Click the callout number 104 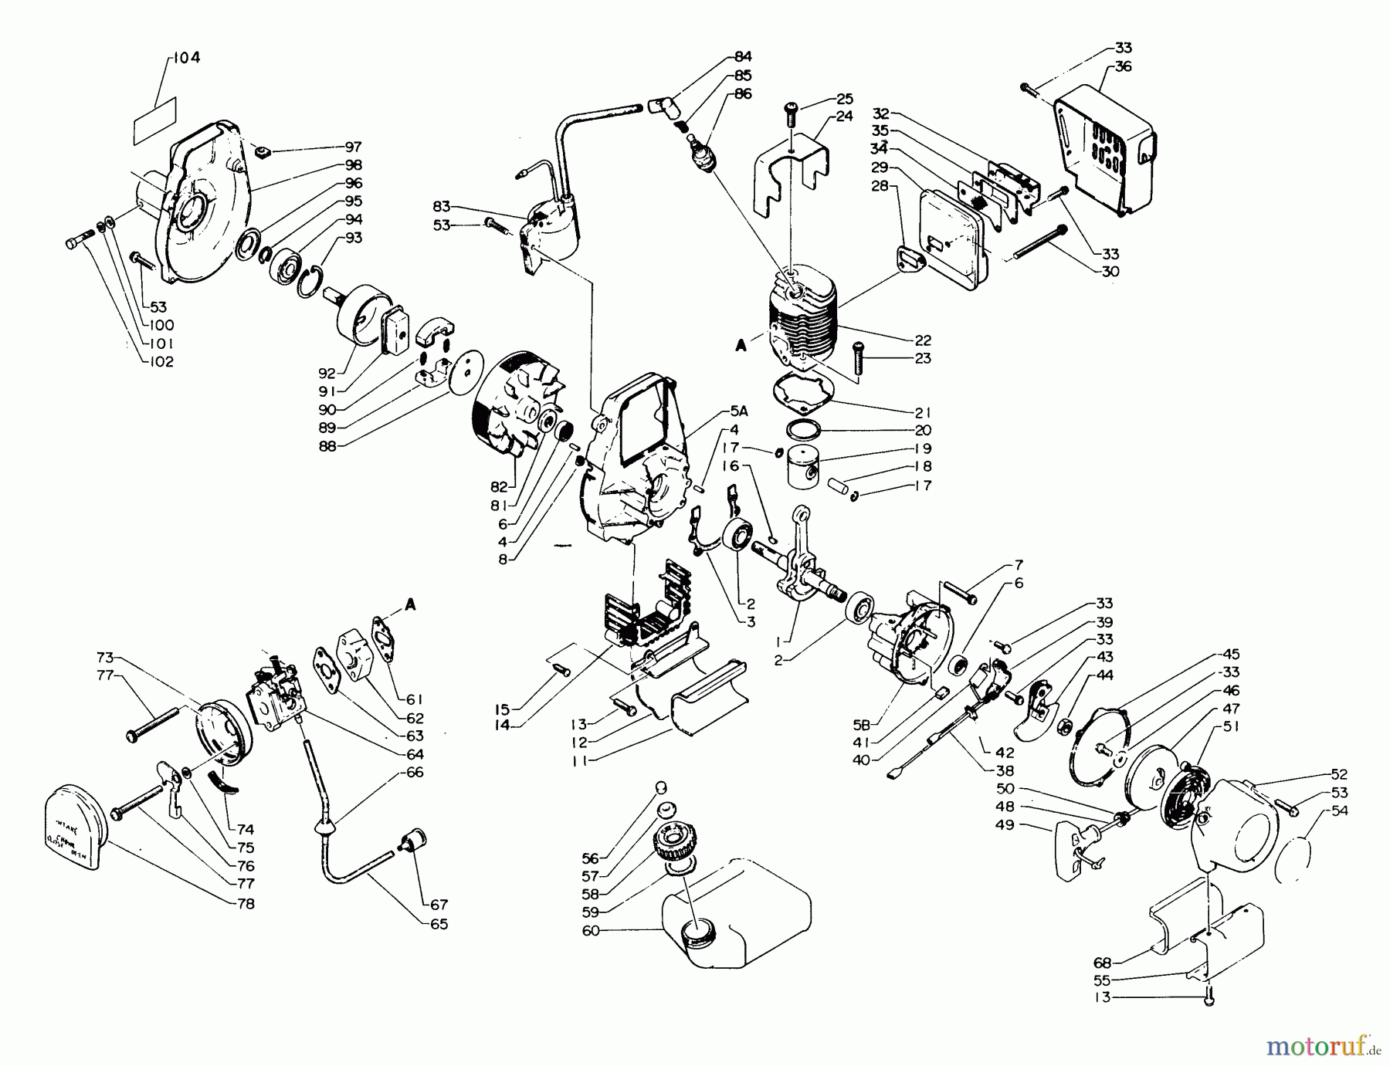click(x=186, y=58)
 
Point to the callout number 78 click(x=245, y=903)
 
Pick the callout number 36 click(x=1123, y=66)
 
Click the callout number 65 click(x=439, y=923)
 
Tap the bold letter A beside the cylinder click(x=741, y=347)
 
